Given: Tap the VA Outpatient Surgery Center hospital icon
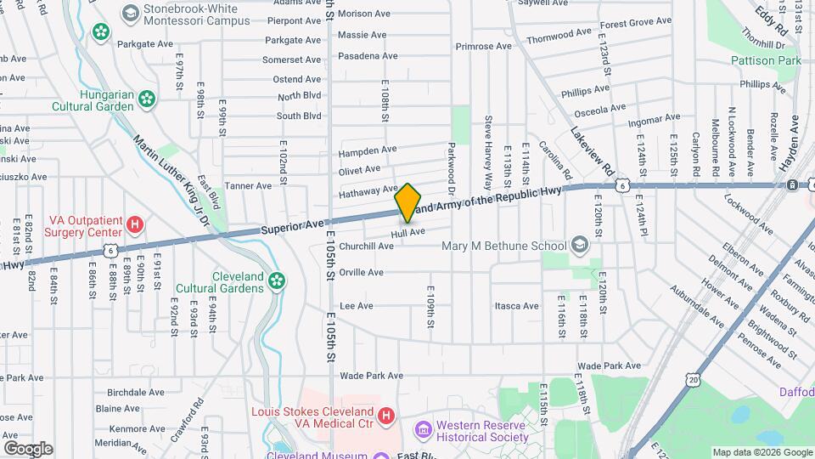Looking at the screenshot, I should click(134, 224).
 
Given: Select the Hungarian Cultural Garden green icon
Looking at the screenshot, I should click(148, 99).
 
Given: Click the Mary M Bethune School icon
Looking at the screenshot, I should click(580, 246).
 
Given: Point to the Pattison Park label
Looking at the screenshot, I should click(766, 61).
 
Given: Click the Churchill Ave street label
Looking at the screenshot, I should click(366, 246).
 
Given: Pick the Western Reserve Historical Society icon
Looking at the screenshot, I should click(422, 430).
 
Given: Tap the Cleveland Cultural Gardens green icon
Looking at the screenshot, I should click(276, 280).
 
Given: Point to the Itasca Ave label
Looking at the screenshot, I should click(517, 306).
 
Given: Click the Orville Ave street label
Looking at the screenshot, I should click(361, 273).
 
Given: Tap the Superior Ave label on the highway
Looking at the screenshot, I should click(293, 226).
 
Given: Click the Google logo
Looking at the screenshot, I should click(28, 448).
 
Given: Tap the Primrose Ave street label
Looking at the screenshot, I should click(484, 46).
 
